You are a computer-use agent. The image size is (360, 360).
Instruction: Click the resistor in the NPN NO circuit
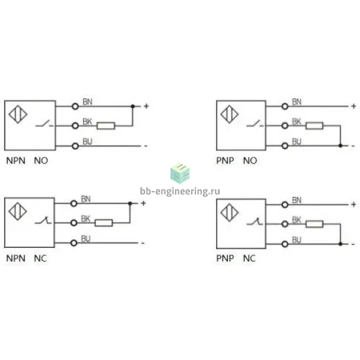point(106,126)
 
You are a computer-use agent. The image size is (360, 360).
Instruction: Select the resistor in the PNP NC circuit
point(314,224)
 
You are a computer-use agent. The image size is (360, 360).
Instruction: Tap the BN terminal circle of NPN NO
point(75,106)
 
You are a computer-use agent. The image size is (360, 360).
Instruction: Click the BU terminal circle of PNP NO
point(285,146)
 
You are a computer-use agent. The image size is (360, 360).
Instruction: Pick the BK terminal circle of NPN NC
point(74,223)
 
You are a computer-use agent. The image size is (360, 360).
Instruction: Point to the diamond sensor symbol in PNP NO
point(230,114)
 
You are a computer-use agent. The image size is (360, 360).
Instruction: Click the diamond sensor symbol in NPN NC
point(18,211)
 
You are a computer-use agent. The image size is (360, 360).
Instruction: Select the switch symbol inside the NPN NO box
point(44,124)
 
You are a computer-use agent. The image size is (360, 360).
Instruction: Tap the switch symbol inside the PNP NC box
point(254,222)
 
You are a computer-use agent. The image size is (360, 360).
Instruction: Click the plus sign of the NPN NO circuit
point(146,106)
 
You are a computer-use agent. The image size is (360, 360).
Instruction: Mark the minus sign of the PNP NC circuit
point(354,244)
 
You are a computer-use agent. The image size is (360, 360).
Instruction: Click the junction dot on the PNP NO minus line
point(340,146)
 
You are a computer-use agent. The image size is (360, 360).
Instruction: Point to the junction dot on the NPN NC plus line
point(130,203)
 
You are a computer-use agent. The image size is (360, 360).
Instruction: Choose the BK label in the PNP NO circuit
point(297,122)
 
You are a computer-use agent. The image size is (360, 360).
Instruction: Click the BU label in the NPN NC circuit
point(86,238)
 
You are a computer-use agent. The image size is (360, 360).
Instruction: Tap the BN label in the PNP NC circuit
point(297,200)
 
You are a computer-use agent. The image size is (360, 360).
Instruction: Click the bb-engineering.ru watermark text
point(180,191)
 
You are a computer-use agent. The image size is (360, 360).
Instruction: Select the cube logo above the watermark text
point(180,174)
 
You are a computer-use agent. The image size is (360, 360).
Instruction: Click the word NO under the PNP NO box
point(250,161)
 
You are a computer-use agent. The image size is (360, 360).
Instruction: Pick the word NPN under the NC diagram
point(16,258)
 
